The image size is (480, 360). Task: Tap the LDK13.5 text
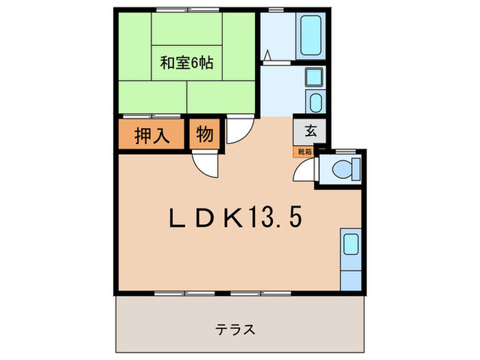click(235, 219)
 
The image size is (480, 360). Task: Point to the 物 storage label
click(204, 135)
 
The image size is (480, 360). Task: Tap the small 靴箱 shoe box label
click(304, 152)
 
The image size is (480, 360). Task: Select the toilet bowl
click(341, 169)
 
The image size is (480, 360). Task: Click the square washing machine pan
click(315, 81)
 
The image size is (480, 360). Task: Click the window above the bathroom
click(276, 10)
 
